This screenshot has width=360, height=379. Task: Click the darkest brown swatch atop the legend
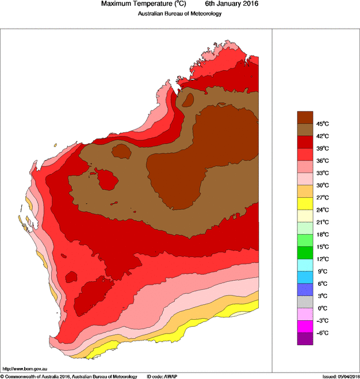(x=305, y=117)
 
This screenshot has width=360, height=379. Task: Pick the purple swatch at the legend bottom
(x=305, y=339)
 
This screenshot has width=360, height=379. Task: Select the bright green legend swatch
(x=305, y=252)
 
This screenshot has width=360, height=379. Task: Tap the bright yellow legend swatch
(x=305, y=203)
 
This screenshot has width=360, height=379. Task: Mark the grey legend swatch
(x=305, y=302)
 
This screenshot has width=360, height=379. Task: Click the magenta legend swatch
(x=305, y=327)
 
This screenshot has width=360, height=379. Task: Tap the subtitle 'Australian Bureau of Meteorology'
(x=179, y=14)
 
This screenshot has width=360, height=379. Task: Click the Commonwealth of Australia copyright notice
(x=68, y=376)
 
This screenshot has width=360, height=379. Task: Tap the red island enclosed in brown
(x=108, y=179)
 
